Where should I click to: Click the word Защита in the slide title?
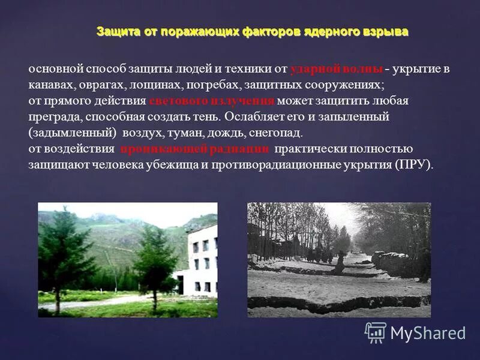pos(118,32)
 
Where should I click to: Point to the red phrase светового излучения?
pos(211,100)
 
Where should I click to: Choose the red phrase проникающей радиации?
pos(196,149)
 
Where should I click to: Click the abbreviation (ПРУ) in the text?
pos(413,164)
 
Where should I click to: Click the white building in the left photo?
pos(200,259)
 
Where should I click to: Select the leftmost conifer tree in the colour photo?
pos(60,255)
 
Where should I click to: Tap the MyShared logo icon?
pos(376,332)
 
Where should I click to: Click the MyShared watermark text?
pos(427,333)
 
